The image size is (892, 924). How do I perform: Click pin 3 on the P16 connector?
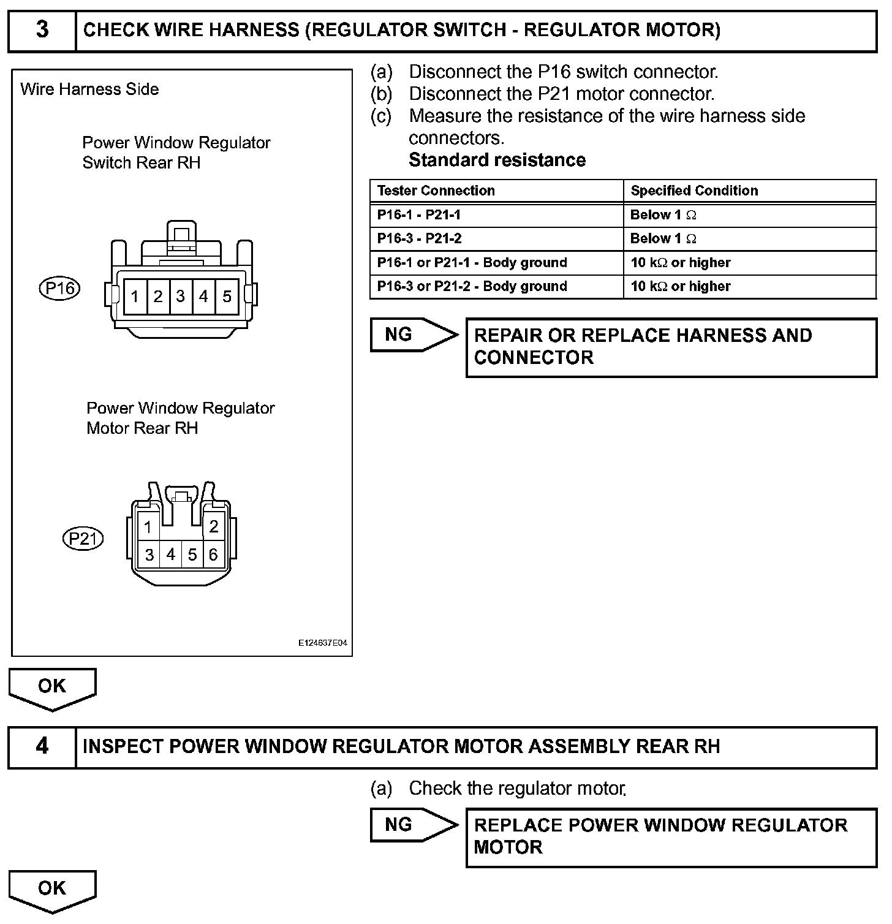(181, 297)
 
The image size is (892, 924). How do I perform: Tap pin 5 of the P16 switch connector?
(227, 297)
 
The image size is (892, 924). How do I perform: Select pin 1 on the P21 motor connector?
(148, 527)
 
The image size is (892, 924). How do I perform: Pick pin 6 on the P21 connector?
(213, 555)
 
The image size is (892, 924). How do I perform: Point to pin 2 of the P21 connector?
(214, 526)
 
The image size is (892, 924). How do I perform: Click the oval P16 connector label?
(59, 288)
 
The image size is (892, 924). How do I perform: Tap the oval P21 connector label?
(83, 539)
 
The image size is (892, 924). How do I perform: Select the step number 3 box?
(42, 30)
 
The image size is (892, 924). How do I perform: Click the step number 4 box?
(42, 746)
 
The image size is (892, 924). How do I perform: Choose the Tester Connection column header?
(436, 191)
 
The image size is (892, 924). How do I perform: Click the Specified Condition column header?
(694, 191)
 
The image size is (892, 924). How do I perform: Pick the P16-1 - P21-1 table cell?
(419, 215)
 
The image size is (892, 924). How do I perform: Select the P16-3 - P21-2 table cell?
(419, 239)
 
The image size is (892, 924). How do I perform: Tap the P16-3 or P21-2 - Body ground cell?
(472, 287)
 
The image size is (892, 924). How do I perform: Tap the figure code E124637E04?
(323, 644)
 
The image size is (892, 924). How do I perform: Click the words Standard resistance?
(497, 161)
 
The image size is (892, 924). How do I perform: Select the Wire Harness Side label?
(89, 89)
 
